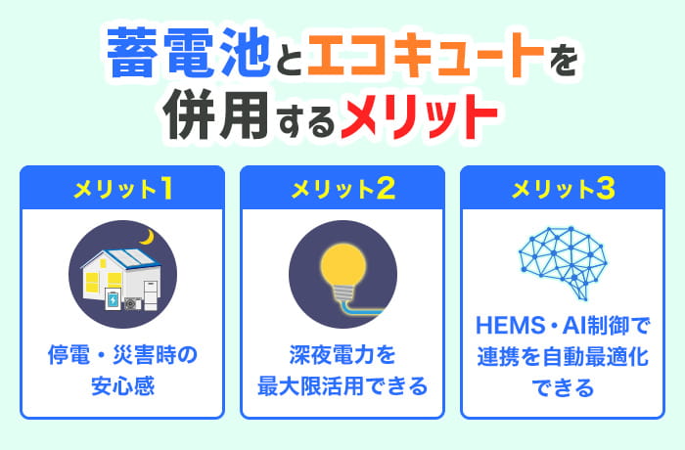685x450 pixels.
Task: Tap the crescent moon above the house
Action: click(148, 237)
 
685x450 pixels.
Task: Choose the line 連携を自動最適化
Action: click(562, 355)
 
